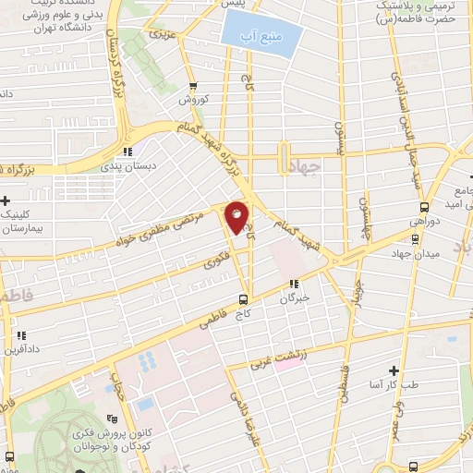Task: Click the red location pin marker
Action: pos(237,217)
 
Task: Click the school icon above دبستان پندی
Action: pos(128,152)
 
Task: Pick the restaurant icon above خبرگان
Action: pos(294,285)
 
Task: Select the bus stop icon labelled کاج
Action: pos(243,298)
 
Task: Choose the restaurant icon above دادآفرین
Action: pos(20,335)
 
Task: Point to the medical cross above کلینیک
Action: pos(6,200)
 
